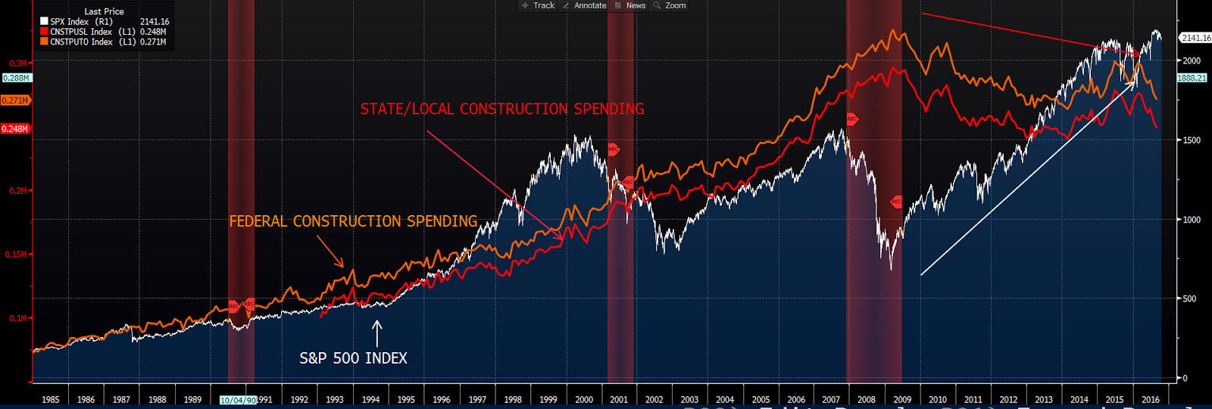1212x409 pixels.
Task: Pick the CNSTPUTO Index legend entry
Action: click(81, 42)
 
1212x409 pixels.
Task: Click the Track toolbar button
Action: click(539, 5)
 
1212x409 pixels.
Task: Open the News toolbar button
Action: click(631, 5)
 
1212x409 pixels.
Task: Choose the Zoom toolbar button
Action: click(670, 5)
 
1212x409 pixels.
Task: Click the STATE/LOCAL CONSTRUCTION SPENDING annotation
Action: click(501, 109)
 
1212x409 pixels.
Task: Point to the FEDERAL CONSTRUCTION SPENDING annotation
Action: click(353, 221)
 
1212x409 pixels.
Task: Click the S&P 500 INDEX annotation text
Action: click(353, 358)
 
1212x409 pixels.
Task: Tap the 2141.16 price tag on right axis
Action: click(1195, 38)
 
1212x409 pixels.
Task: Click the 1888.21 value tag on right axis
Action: click(1192, 78)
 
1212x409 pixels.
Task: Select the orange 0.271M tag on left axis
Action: click(15, 100)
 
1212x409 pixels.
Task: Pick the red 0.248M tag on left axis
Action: click(15, 129)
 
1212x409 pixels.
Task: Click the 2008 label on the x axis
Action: click(867, 399)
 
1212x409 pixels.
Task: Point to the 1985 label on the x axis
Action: click(51, 399)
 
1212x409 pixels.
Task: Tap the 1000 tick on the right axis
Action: click(1192, 220)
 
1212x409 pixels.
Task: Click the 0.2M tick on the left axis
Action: click(17, 191)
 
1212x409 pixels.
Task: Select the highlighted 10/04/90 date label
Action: click(238, 400)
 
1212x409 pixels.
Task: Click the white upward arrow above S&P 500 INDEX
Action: click(376, 333)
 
